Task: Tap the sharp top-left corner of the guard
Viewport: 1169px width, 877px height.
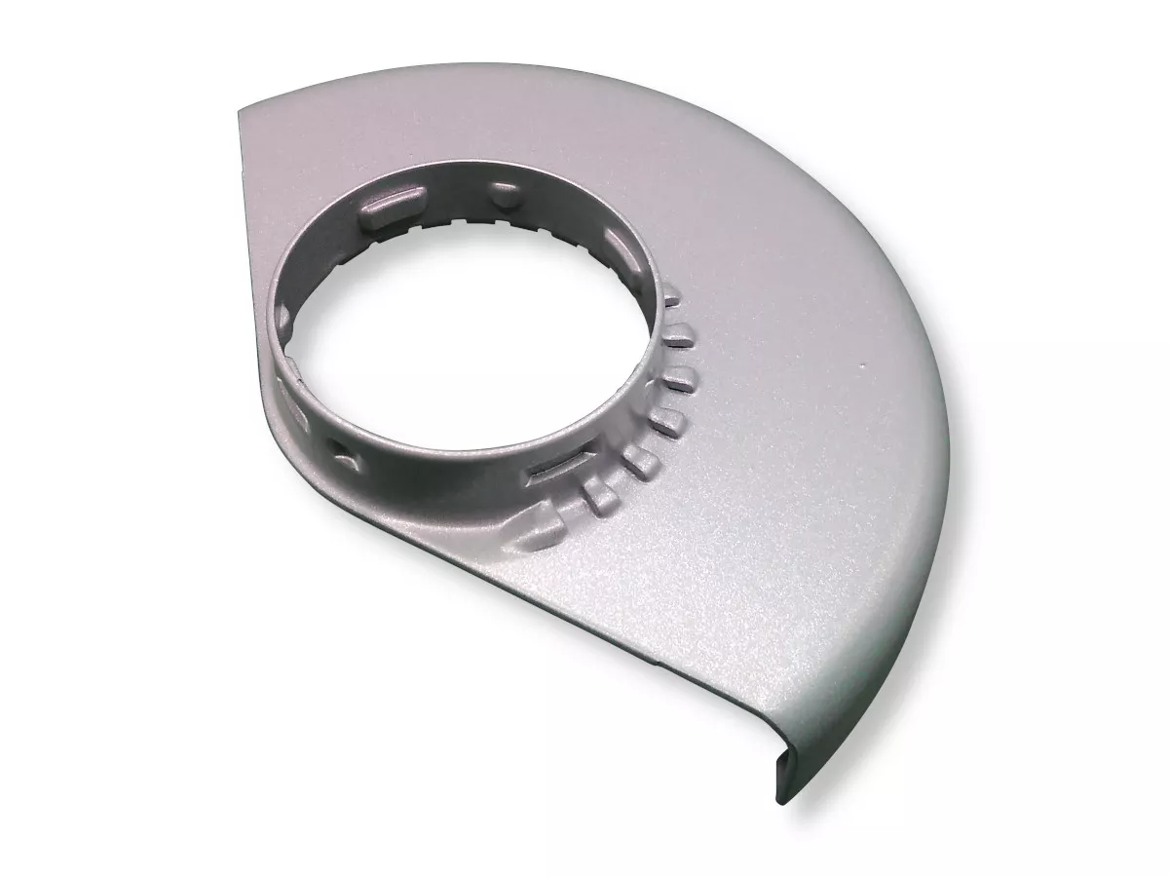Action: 240,113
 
